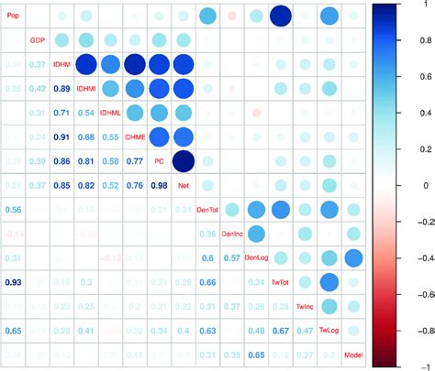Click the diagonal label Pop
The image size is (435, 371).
(x=13, y=16)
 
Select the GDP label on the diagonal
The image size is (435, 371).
(x=38, y=40)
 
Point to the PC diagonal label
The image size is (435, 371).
(x=158, y=161)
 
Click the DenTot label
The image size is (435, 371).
(x=207, y=210)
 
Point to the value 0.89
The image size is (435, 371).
(x=61, y=89)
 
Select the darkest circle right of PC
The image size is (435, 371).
(x=183, y=161)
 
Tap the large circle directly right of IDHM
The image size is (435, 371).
(x=86, y=64)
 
